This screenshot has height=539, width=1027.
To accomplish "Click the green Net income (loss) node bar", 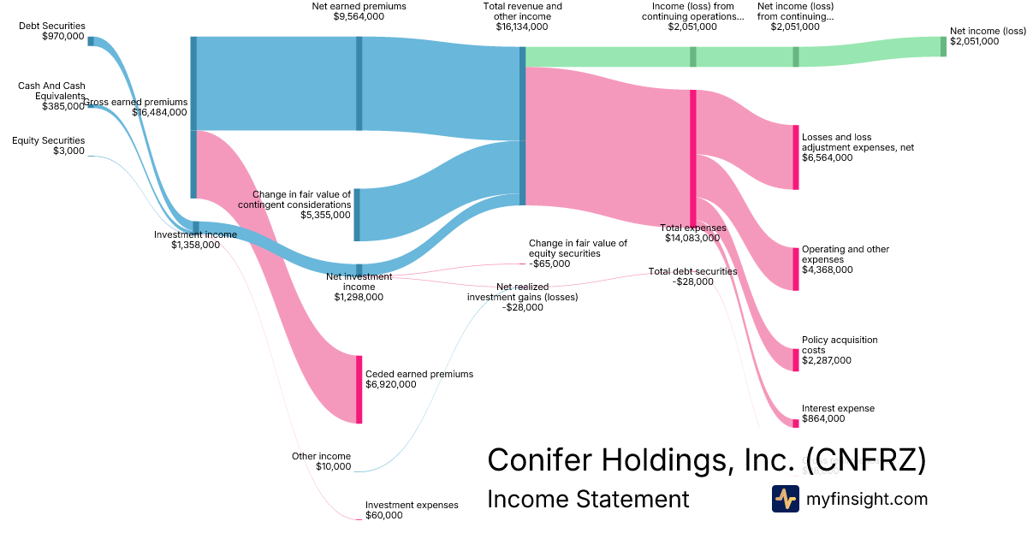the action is coord(943,46).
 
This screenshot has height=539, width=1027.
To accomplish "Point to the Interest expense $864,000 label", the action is coord(838,413).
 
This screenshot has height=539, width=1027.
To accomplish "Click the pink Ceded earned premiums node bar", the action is coord(359,388).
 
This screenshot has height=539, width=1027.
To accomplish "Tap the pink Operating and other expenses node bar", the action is coord(795,269).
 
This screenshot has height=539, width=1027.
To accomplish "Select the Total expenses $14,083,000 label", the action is coord(693,233).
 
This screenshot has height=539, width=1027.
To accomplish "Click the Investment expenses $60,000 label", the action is coord(412,510).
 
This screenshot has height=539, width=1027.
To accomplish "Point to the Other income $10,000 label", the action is coord(321,461).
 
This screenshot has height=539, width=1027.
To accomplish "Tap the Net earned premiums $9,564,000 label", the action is coord(359,11).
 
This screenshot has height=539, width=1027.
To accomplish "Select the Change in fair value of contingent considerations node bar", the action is coord(357,215).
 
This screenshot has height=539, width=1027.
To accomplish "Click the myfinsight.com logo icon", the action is coord(785,499).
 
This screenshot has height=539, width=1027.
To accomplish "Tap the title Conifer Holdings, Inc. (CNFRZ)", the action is coord(706,459).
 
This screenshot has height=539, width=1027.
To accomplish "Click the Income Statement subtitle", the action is coord(588,499).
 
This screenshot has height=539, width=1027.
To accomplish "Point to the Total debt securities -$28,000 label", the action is coord(692,276).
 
